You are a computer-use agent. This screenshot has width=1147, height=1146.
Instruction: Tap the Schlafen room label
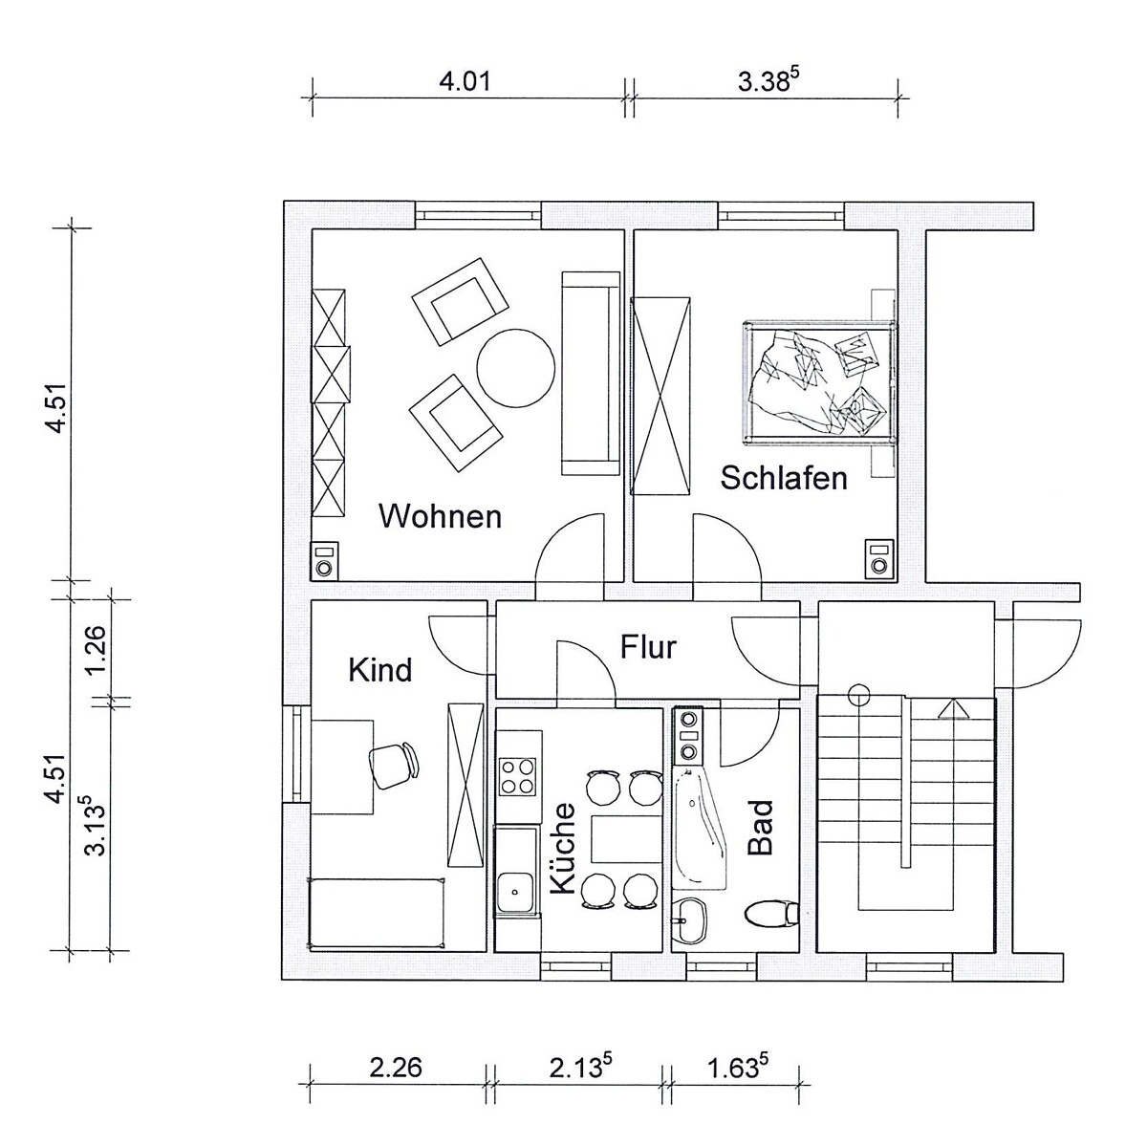coord(784,478)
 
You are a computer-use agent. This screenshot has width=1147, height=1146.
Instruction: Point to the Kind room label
coord(379,670)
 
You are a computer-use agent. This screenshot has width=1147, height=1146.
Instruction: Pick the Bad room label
coord(760,828)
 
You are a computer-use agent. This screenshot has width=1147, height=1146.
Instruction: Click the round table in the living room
coord(515,369)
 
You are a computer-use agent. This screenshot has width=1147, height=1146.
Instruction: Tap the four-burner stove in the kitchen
coord(517,777)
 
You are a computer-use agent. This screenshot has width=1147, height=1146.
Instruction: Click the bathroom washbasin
coord(689,919)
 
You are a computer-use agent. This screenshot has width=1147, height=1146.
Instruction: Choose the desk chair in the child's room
coord(395,765)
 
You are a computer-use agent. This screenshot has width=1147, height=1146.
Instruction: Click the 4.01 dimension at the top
coord(465,81)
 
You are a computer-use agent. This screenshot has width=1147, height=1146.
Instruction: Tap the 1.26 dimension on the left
coord(96,650)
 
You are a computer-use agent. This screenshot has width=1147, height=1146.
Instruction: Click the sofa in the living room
coord(591,374)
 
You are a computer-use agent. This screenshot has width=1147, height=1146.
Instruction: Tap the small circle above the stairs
coord(858,693)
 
